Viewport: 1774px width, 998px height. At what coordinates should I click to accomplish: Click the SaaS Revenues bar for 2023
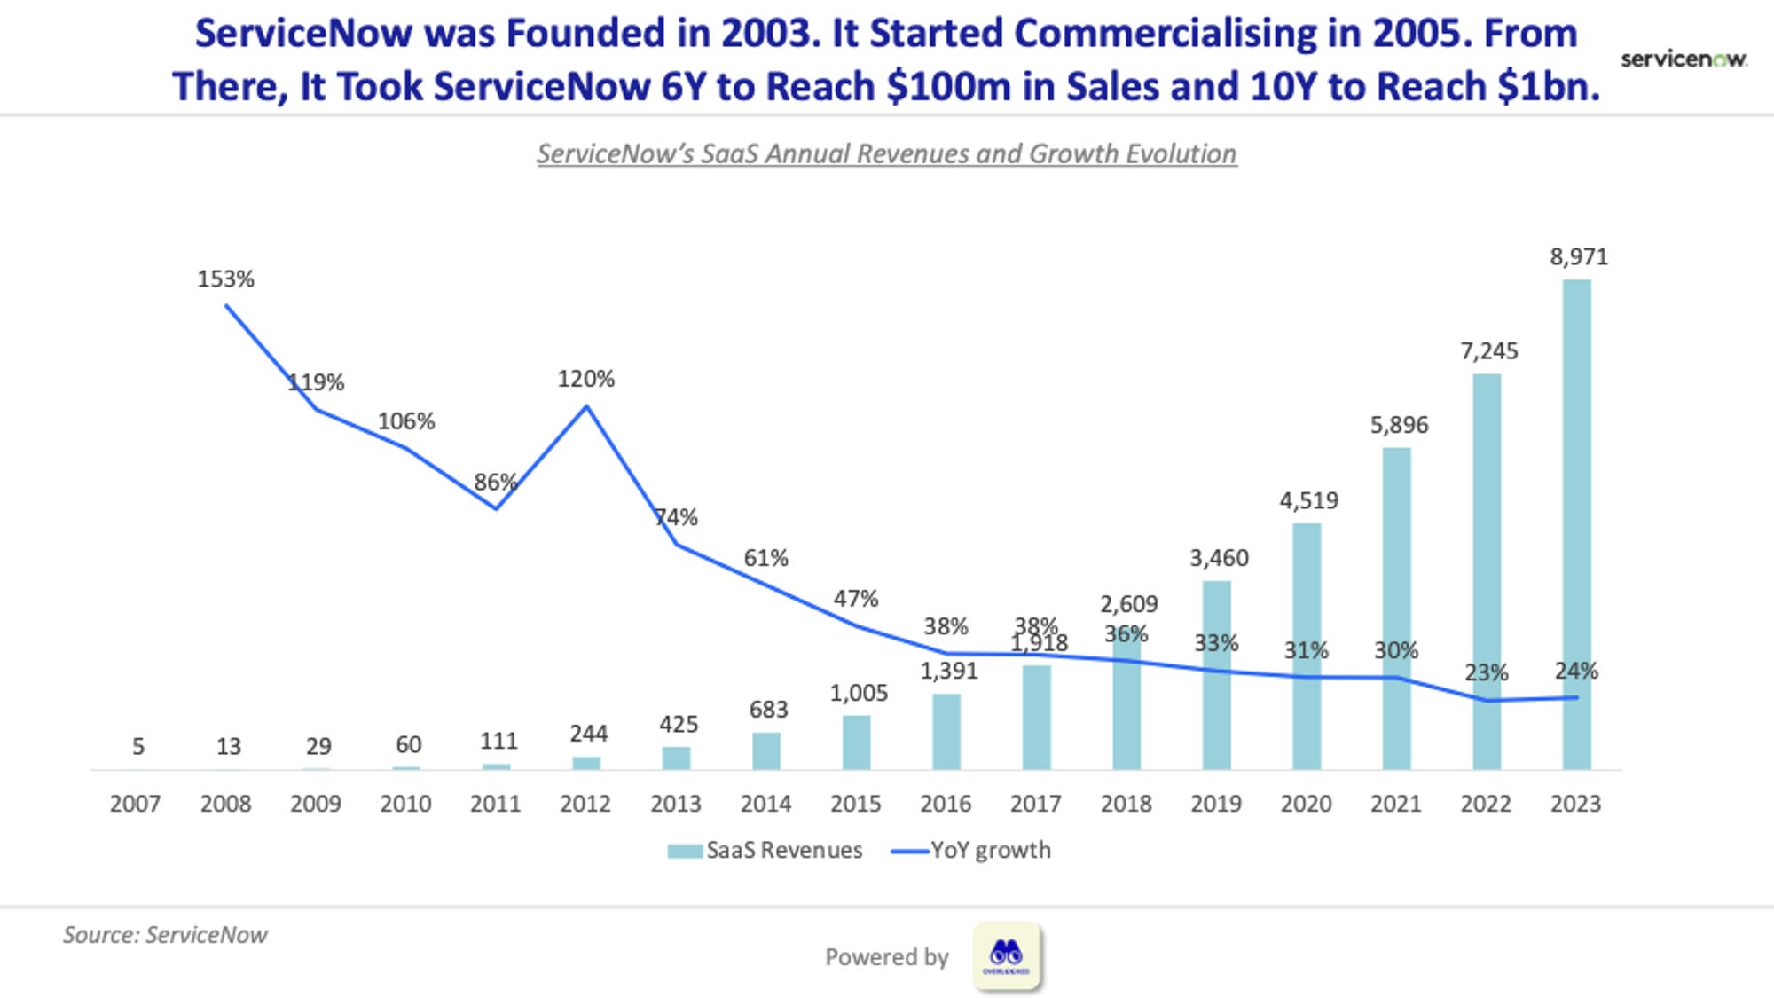(1576, 524)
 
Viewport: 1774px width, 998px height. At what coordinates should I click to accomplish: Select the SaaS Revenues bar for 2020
(1307, 646)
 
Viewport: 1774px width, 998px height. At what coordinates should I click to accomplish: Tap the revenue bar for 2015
(856, 743)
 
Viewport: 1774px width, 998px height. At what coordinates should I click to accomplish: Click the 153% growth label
(225, 279)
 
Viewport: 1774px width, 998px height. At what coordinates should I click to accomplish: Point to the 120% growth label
(585, 379)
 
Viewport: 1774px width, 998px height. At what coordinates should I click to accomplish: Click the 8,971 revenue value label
(1579, 257)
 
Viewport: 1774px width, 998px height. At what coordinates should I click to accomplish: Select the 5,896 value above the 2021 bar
(1399, 425)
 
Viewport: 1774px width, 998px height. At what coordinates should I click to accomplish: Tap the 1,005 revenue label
(859, 693)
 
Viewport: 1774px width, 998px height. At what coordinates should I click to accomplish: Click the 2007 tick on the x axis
(135, 804)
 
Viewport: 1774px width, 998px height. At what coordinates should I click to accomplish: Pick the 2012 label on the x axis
(585, 804)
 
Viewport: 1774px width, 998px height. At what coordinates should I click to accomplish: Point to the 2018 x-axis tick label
(1126, 804)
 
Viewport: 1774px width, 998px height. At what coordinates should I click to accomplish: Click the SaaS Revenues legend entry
(765, 850)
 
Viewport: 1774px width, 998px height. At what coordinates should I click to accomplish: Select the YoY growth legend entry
(970, 850)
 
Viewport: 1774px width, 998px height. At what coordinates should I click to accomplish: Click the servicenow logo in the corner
(1684, 59)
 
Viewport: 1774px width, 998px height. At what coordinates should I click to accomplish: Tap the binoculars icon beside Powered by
(1006, 956)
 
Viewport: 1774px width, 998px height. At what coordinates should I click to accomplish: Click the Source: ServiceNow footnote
(165, 935)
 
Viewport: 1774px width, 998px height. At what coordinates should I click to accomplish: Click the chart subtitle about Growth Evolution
(886, 153)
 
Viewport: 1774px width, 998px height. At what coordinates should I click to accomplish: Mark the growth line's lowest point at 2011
(496, 508)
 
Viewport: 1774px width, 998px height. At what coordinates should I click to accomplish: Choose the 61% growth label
(765, 558)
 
